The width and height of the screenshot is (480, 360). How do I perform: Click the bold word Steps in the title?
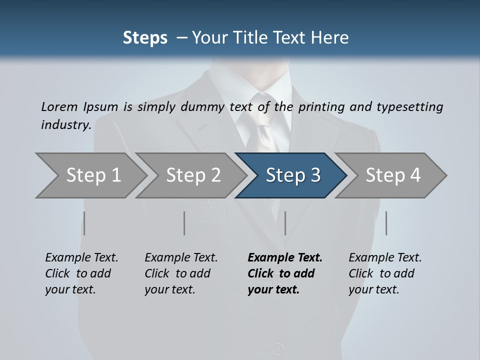click(x=145, y=38)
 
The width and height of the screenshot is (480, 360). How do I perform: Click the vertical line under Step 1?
click(x=84, y=223)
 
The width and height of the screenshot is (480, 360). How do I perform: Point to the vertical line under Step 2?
click(x=184, y=223)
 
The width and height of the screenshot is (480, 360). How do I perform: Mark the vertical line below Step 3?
click(x=285, y=223)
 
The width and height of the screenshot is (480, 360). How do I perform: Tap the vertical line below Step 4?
click(x=386, y=223)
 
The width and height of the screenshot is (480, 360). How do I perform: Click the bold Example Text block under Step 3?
click(x=285, y=273)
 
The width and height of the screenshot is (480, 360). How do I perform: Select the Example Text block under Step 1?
click(x=81, y=273)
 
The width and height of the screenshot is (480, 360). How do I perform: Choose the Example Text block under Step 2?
click(x=181, y=273)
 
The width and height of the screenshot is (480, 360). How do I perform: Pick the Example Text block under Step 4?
click(x=385, y=273)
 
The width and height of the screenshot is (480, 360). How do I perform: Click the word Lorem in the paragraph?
click(x=59, y=107)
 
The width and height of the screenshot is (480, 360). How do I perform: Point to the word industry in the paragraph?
click(x=65, y=125)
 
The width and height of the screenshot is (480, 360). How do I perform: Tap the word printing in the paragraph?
click(x=321, y=107)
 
